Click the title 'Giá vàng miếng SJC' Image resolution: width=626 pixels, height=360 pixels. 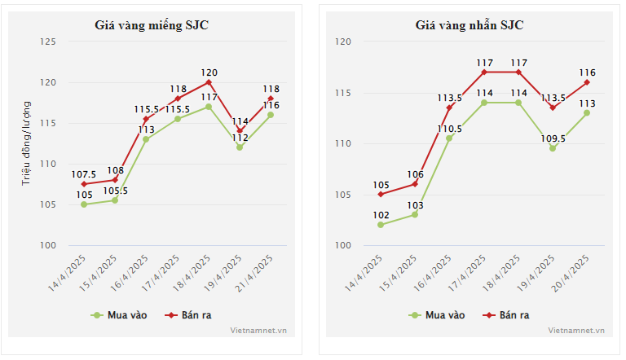(x=151, y=24)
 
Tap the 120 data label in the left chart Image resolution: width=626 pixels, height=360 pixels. (x=209, y=72)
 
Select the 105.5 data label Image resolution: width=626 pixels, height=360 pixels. (x=115, y=191)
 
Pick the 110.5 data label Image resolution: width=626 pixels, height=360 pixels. (x=449, y=129)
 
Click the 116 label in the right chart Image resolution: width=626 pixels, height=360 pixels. (x=587, y=72)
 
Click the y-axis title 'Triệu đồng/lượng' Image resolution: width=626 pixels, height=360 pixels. (x=26, y=143)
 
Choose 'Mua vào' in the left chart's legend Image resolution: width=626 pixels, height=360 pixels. (x=118, y=314)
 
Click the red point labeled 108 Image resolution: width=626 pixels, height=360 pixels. (x=115, y=180)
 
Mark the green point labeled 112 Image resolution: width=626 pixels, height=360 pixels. (x=240, y=147)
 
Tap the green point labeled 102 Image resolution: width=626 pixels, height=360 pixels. (x=381, y=225)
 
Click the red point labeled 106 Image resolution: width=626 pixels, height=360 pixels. (x=415, y=184)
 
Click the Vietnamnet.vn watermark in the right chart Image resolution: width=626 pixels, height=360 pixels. (x=576, y=331)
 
